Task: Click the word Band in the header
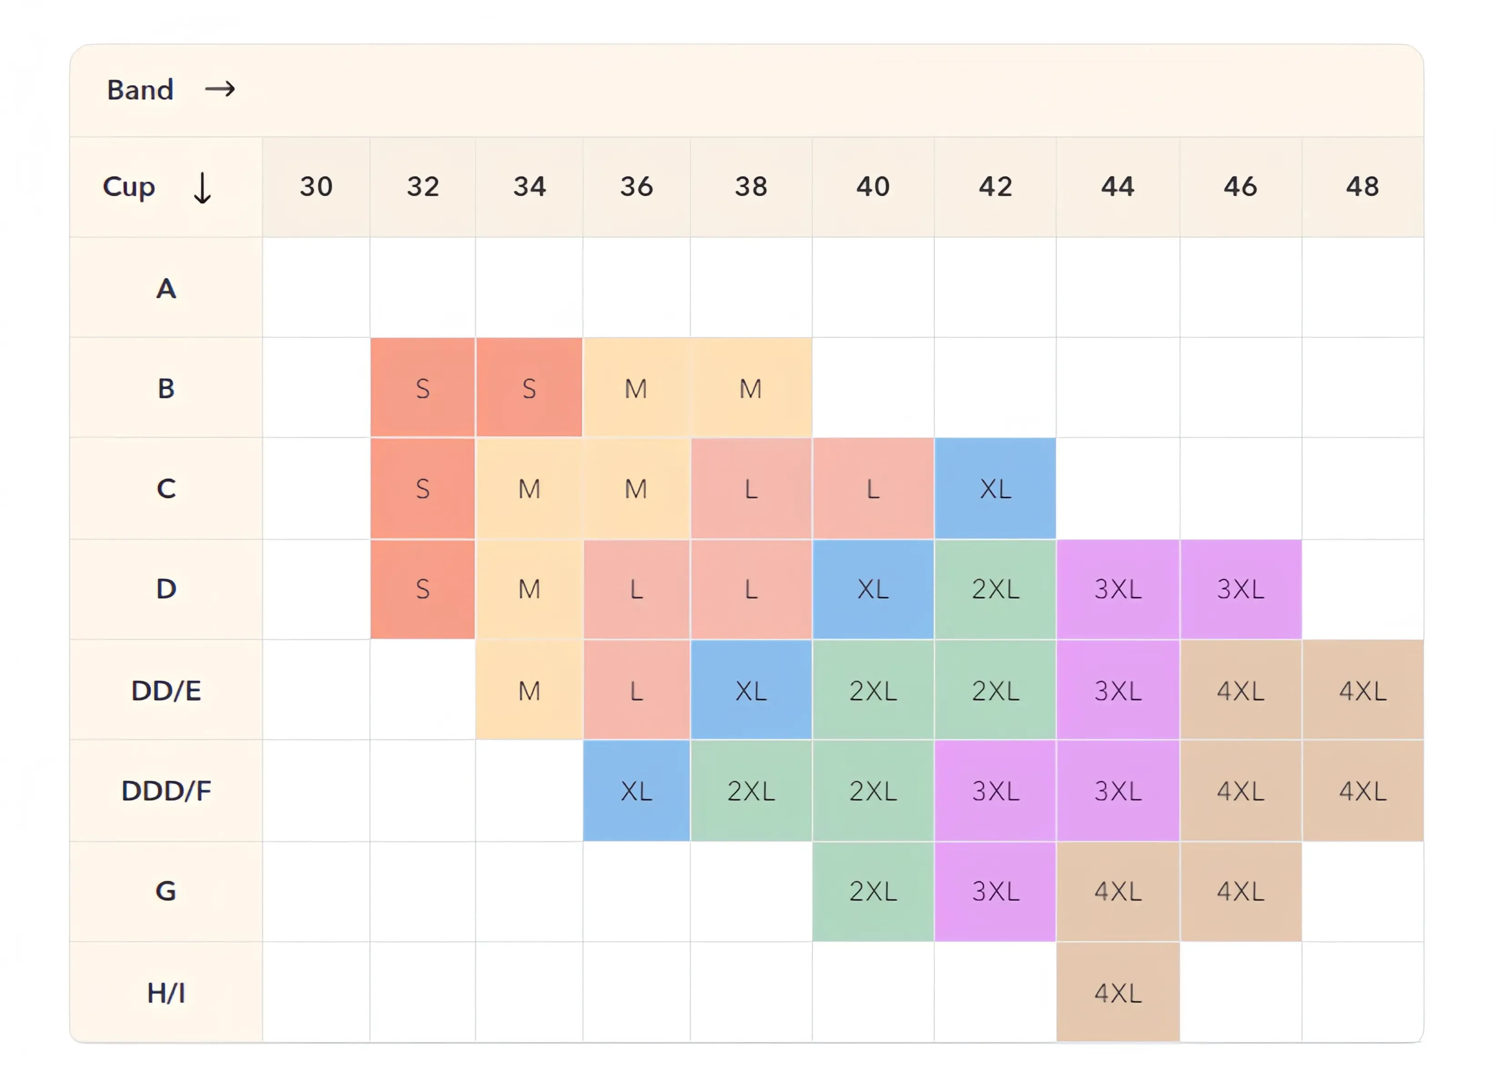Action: click(140, 90)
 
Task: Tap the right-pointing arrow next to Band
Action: click(220, 89)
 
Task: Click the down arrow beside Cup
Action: click(202, 188)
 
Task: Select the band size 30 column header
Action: click(316, 187)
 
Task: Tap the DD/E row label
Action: click(166, 691)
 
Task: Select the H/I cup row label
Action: click(166, 993)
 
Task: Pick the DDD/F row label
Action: click(166, 791)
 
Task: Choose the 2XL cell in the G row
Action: click(873, 891)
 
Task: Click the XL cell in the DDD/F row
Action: click(636, 791)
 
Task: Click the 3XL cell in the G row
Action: click(995, 891)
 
